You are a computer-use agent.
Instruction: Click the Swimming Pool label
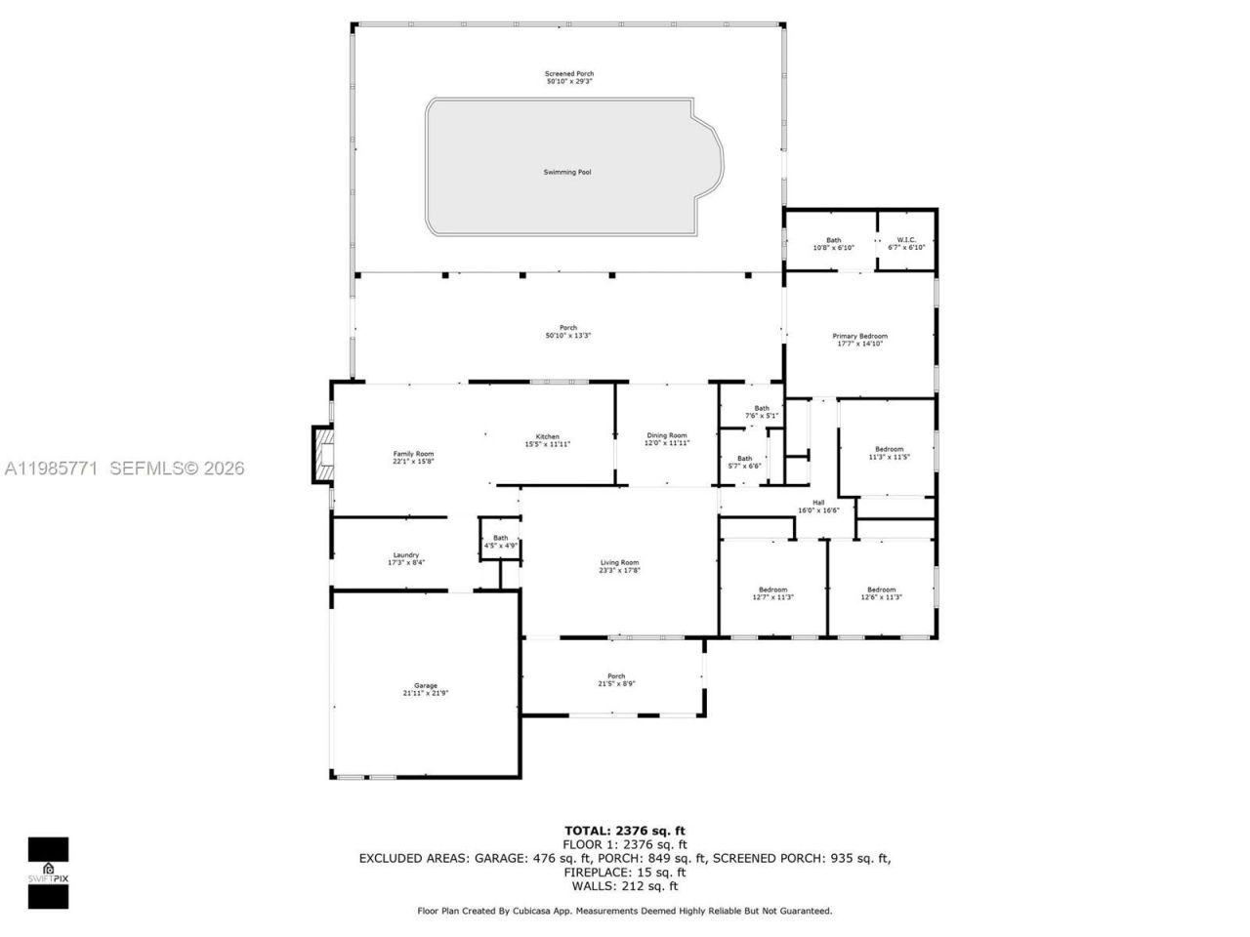click(567, 173)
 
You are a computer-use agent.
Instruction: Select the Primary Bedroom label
click(859, 340)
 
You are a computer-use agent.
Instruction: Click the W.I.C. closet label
click(906, 243)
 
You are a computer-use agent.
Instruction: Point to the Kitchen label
click(547, 440)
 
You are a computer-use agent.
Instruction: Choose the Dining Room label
click(667, 439)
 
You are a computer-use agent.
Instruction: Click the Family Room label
click(413, 458)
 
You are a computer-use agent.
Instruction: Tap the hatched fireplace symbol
click(322, 455)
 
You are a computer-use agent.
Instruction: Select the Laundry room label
click(405, 558)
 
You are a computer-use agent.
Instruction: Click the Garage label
click(425, 689)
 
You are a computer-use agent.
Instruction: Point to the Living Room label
click(619, 566)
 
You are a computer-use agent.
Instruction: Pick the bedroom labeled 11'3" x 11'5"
click(889, 453)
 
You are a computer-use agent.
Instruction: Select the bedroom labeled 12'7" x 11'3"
click(772, 593)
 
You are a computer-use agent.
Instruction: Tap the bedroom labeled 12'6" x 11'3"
click(881, 593)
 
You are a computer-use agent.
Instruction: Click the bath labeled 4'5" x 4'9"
click(500, 542)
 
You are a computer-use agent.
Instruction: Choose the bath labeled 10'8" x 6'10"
click(833, 244)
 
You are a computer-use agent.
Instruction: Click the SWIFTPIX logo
click(48, 873)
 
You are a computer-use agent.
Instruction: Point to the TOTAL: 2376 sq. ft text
click(625, 832)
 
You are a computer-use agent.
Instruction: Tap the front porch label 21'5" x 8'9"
click(616, 680)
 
